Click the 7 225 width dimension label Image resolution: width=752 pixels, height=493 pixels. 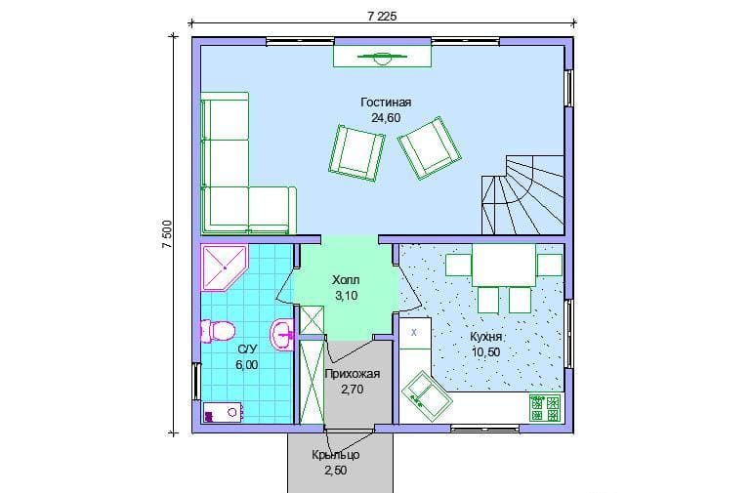coord(382,17)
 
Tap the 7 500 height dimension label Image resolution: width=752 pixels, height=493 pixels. coord(167,234)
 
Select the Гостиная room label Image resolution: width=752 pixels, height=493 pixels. coord(386,103)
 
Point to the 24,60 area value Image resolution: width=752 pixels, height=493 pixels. coord(386,118)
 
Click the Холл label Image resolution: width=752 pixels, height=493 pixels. coord(346,280)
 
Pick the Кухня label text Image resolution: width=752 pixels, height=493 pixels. coord(485,337)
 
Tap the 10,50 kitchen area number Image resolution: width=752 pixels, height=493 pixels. coord(485,352)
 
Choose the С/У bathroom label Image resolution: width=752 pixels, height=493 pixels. coord(247,349)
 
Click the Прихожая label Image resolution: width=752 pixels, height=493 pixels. coord(352,374)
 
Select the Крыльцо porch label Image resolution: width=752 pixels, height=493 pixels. coord(336,455)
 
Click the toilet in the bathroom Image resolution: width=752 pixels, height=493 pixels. coord(218,331)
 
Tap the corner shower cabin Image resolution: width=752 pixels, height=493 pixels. coord(224,268)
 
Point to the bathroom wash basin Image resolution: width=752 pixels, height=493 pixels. coord(283,334)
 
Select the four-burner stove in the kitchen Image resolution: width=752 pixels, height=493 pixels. coord(545,408)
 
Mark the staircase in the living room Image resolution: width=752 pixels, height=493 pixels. coord(522,194)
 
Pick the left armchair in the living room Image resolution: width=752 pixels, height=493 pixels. coord(356,153)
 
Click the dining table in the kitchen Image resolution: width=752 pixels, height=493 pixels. coord(504,265)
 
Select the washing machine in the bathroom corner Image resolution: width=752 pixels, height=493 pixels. coord(223,412)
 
